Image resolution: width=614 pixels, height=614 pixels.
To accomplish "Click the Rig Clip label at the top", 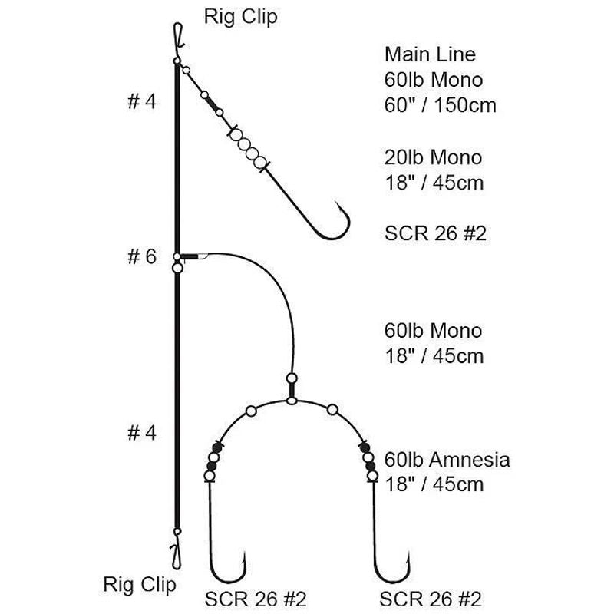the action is click(x=240, y=17).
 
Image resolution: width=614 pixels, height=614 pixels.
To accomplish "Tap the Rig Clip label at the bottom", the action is click(x=140, y=585).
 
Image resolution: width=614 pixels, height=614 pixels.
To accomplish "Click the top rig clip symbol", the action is click(x=178, y=36).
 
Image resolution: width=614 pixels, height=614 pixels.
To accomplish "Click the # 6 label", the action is click(x=142, y=257).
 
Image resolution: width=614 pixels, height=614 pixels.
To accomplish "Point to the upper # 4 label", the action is click(x=142, y=101).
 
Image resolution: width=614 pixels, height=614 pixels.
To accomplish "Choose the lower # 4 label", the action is click(x=142, y=433).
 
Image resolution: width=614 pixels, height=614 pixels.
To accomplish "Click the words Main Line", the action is click(x=430, y=54).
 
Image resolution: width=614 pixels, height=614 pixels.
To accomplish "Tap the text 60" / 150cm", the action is click(x=440, y=105).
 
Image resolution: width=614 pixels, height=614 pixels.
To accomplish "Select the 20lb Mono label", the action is click(x=433, y=157).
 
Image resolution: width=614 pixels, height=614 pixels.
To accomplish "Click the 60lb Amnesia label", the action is click(x=447, y=459).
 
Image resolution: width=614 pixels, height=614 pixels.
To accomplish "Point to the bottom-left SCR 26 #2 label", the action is click(x=256, y=599).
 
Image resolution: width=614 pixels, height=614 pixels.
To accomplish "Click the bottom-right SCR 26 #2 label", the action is click(x=430, y=599).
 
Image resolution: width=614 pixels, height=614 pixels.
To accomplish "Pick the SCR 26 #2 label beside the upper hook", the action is click(x=435, y=233).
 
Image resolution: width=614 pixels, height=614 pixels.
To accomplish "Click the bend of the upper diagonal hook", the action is click(x=333, y=234).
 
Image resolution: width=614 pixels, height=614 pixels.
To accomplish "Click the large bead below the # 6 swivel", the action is click(x=178, y=268).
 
